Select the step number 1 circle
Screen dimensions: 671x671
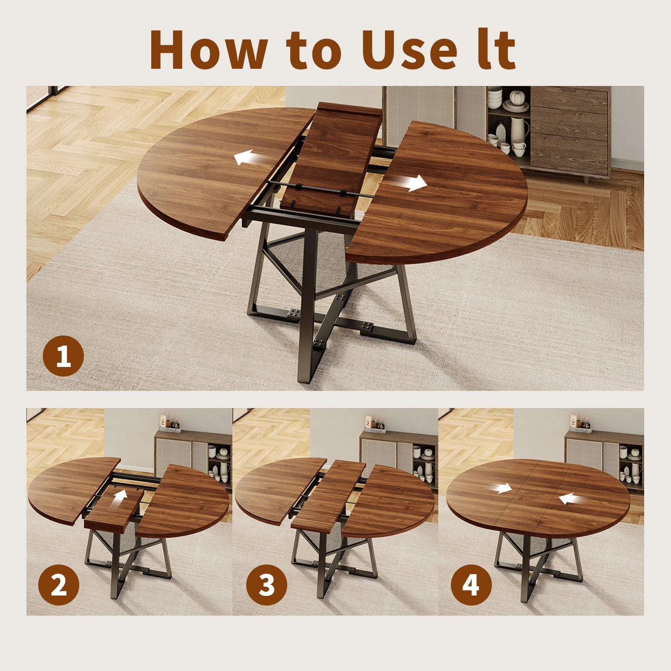(63, 356)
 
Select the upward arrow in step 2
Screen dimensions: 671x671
(121, 499)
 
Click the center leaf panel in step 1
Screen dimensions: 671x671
(331, 159)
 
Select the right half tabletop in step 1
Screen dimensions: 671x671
(445, 197)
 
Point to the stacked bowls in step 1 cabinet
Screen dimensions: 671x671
(494, 97)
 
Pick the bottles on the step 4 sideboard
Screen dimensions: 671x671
(580, 421)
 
